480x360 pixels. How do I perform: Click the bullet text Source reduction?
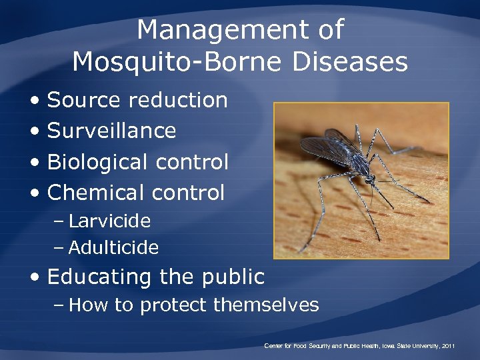pyautogui.click(x=137, y=101)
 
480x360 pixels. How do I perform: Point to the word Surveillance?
pyautogui.click(x=112, y=131)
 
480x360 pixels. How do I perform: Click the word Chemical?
pyautogui.click(x=97, y=193)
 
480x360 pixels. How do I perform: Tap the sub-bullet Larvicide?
pyautogui.click(x=109, y=221)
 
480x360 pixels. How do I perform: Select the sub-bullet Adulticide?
pyautogui.click(x=113, y=248)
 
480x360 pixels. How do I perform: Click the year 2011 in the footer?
pyautogui.click(x=448, y=346)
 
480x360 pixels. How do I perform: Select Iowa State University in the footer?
pyautogui.click(x=407, y=346)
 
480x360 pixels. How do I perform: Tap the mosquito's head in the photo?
pyautogui.click(x=371, y=179)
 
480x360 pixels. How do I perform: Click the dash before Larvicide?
pyautogui.click(x=59, y=221)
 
